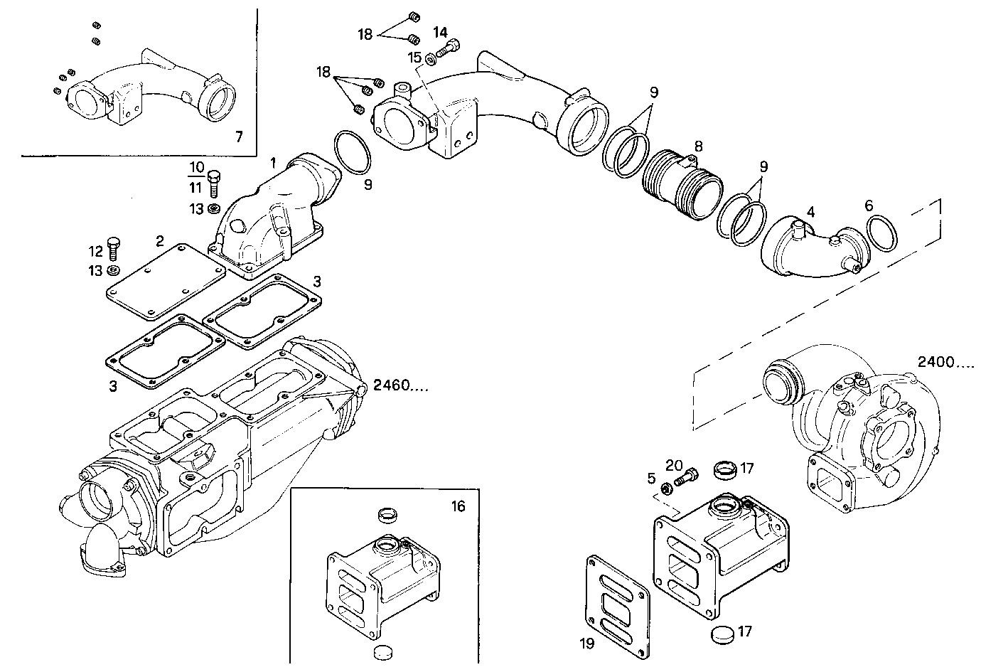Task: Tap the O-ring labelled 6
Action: coord(881,233)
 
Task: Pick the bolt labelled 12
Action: coord(112,248)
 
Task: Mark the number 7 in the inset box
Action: coord(239,135)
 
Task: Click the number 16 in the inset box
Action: coord(458,506)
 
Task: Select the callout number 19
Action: coord(586,643)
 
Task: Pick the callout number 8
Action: coord(698,146)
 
